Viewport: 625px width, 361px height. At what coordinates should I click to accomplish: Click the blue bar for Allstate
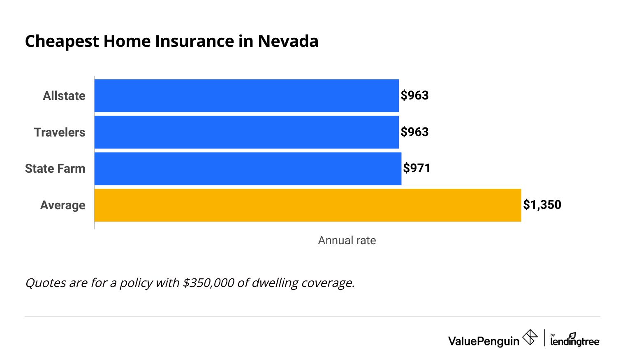(246, 96)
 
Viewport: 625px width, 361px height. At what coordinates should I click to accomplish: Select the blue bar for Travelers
(246, 132)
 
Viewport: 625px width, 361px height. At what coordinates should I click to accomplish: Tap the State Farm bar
(248, 169)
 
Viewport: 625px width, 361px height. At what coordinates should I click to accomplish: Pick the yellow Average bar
(308, 205)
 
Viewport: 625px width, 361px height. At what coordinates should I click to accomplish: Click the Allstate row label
(64, 96)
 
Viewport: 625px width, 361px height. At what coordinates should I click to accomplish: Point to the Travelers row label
(60, 132)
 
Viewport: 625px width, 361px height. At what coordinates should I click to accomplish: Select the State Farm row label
(55, 169)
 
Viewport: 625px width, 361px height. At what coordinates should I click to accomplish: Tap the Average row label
(63, 205)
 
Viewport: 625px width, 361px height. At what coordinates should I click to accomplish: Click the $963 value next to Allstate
(414, 95)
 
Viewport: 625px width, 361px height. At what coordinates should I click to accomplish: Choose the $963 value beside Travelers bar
(414, 132)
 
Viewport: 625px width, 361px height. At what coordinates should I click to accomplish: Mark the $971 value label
(417, 168)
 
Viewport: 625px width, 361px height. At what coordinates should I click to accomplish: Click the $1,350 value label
(542, 205)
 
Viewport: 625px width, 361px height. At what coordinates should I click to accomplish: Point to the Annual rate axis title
(347, 241)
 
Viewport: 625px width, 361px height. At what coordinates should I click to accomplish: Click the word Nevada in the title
(288, 42)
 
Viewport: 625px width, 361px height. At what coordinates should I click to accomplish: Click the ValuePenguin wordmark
(484, 341)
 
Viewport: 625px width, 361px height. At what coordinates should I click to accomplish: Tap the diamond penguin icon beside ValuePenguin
(530, 338)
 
